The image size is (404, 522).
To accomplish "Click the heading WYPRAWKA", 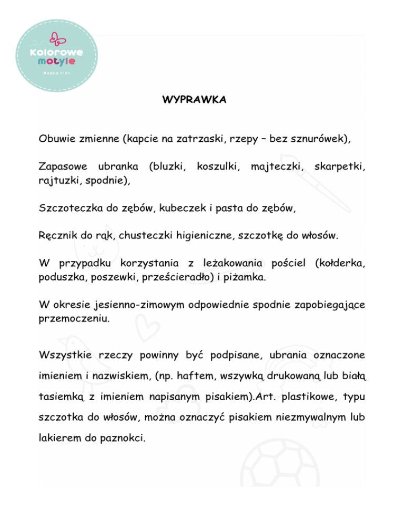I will (195, 100).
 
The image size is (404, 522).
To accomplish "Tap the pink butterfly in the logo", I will (54, 38).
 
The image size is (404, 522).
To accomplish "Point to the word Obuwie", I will (58, 140).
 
